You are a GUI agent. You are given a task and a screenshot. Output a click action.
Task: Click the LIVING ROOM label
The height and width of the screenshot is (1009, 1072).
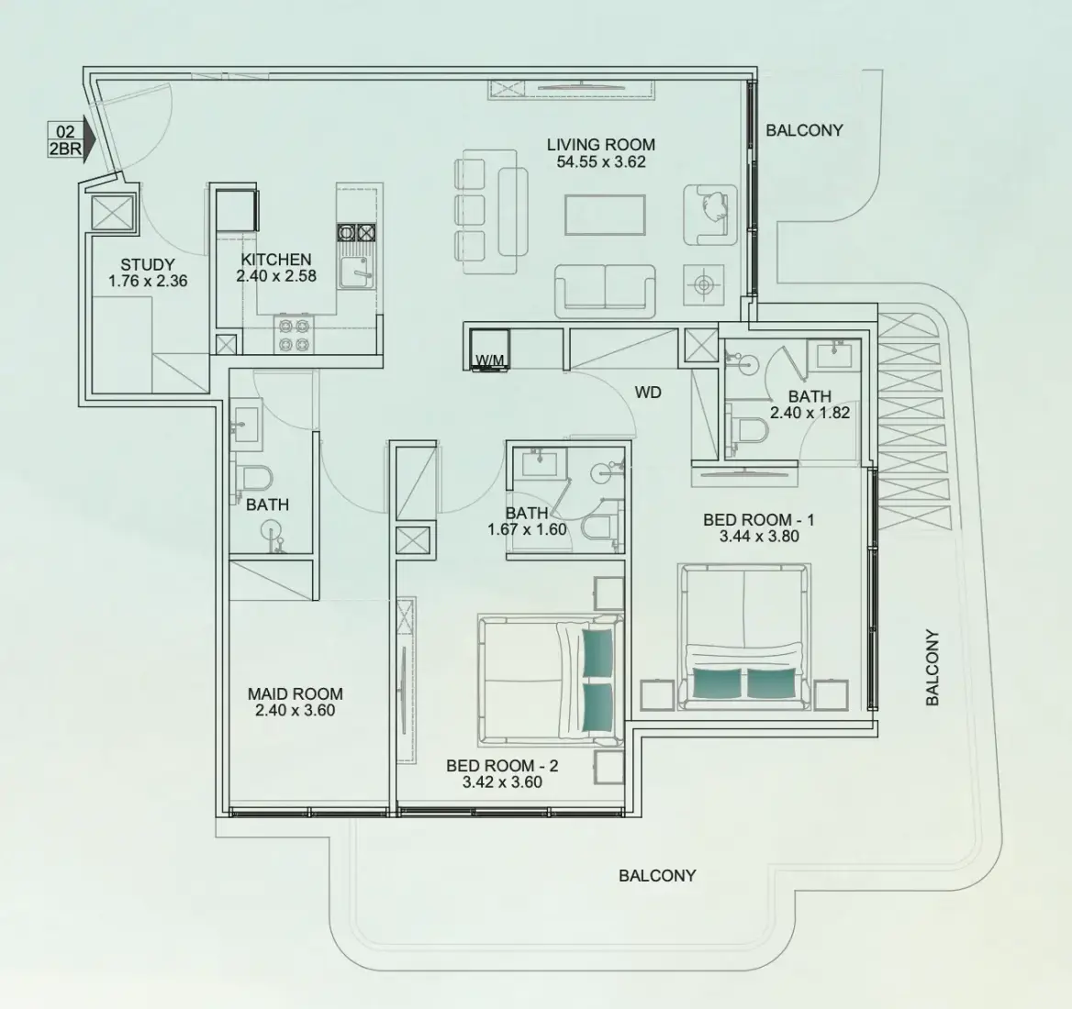tap(601, 144)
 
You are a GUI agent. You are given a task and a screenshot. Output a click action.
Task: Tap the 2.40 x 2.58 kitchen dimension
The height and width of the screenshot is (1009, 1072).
tap(276, 277)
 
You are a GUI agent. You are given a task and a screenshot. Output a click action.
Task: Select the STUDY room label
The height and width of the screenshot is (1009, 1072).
tap(148, 264)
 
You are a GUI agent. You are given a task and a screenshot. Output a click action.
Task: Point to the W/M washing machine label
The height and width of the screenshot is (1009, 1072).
tap(489, 360)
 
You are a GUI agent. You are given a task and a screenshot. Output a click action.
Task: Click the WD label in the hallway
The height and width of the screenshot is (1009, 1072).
tap(648, 393)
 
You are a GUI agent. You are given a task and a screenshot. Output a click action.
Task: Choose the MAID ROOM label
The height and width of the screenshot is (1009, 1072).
tap(296, 694)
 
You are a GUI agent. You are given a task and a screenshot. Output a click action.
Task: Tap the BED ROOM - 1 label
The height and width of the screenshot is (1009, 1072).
tap(759, 520)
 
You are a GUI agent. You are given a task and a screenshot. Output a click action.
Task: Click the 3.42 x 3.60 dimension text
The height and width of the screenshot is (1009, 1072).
tap(503, 782)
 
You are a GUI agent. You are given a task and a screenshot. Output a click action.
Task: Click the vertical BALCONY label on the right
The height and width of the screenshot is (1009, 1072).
tap(932, 668)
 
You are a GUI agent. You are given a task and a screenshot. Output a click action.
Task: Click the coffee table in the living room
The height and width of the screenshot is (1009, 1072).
tap(605, 215)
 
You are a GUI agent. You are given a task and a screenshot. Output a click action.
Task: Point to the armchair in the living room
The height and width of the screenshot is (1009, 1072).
tap(710, 215)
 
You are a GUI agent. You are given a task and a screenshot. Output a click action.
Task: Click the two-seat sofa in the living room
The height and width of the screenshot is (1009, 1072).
tap(605, 291)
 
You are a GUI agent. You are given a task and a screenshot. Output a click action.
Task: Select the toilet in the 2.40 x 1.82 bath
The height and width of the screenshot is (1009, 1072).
tap(747, 429)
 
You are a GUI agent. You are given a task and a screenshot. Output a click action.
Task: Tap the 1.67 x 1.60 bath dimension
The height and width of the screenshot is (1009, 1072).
tap(527, 529)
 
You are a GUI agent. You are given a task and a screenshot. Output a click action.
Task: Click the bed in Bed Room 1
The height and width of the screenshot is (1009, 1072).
tap(743, 637)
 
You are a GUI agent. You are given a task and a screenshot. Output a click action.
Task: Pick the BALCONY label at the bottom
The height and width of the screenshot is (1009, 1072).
tap(657, 876)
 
